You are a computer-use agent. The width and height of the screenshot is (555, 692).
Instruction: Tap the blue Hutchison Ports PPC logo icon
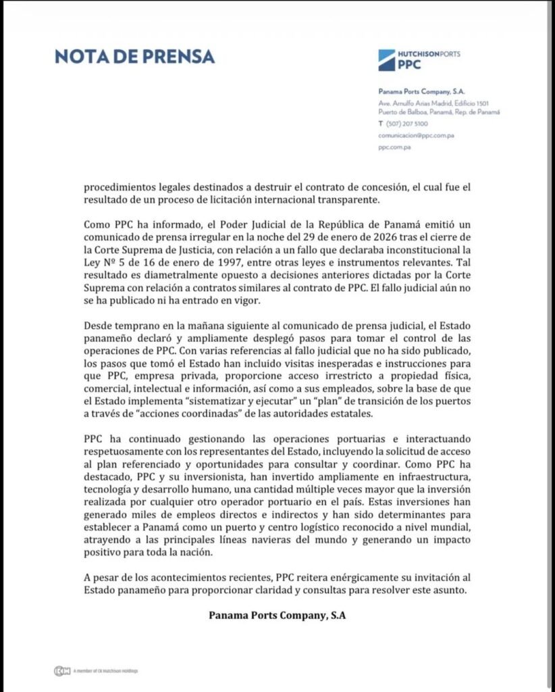[388, 59]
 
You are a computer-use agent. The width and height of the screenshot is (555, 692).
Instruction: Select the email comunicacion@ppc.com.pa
[416, 136]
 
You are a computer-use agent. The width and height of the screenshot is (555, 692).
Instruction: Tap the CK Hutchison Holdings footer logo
[63, 671]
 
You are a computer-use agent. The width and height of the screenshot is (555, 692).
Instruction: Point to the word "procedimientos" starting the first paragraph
[123, 189]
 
